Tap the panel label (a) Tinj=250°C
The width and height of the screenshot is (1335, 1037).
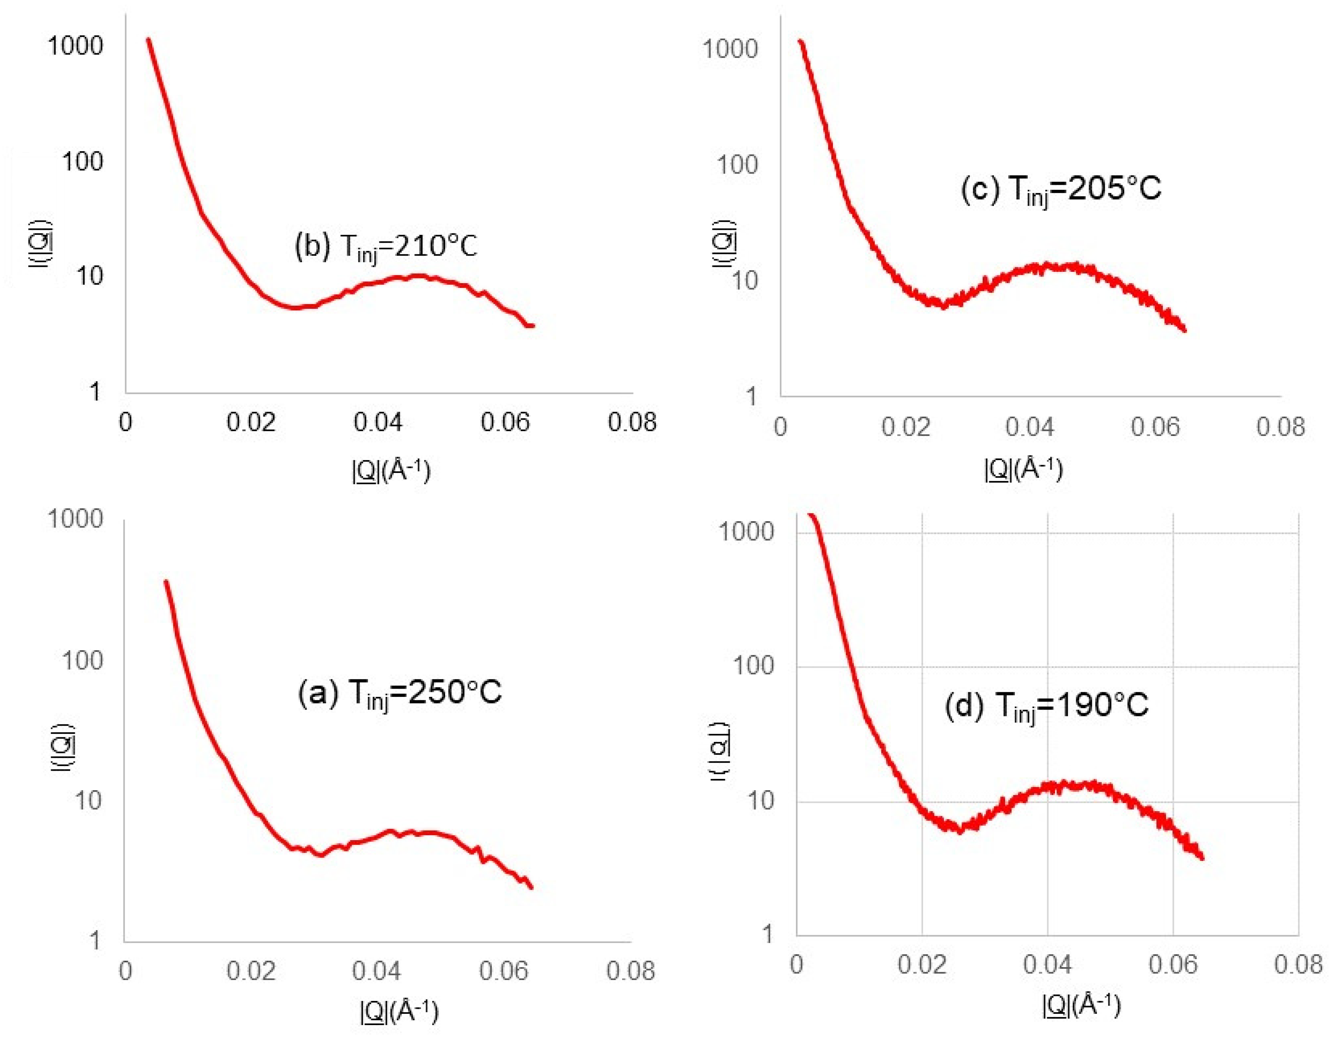(399, 693)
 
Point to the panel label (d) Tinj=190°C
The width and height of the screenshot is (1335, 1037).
(1047, 706)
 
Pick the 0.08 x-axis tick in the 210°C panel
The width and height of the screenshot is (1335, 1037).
(631, 422)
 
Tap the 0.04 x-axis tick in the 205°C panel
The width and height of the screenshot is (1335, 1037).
(1030, 427)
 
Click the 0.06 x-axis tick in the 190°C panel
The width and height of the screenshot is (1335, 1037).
(1172, 964)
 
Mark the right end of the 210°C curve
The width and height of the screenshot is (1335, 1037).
(533, 326)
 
